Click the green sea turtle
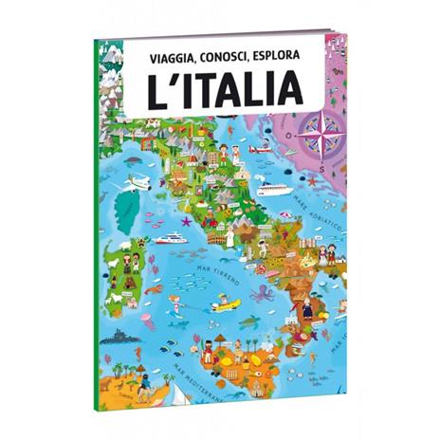click(248, 321)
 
